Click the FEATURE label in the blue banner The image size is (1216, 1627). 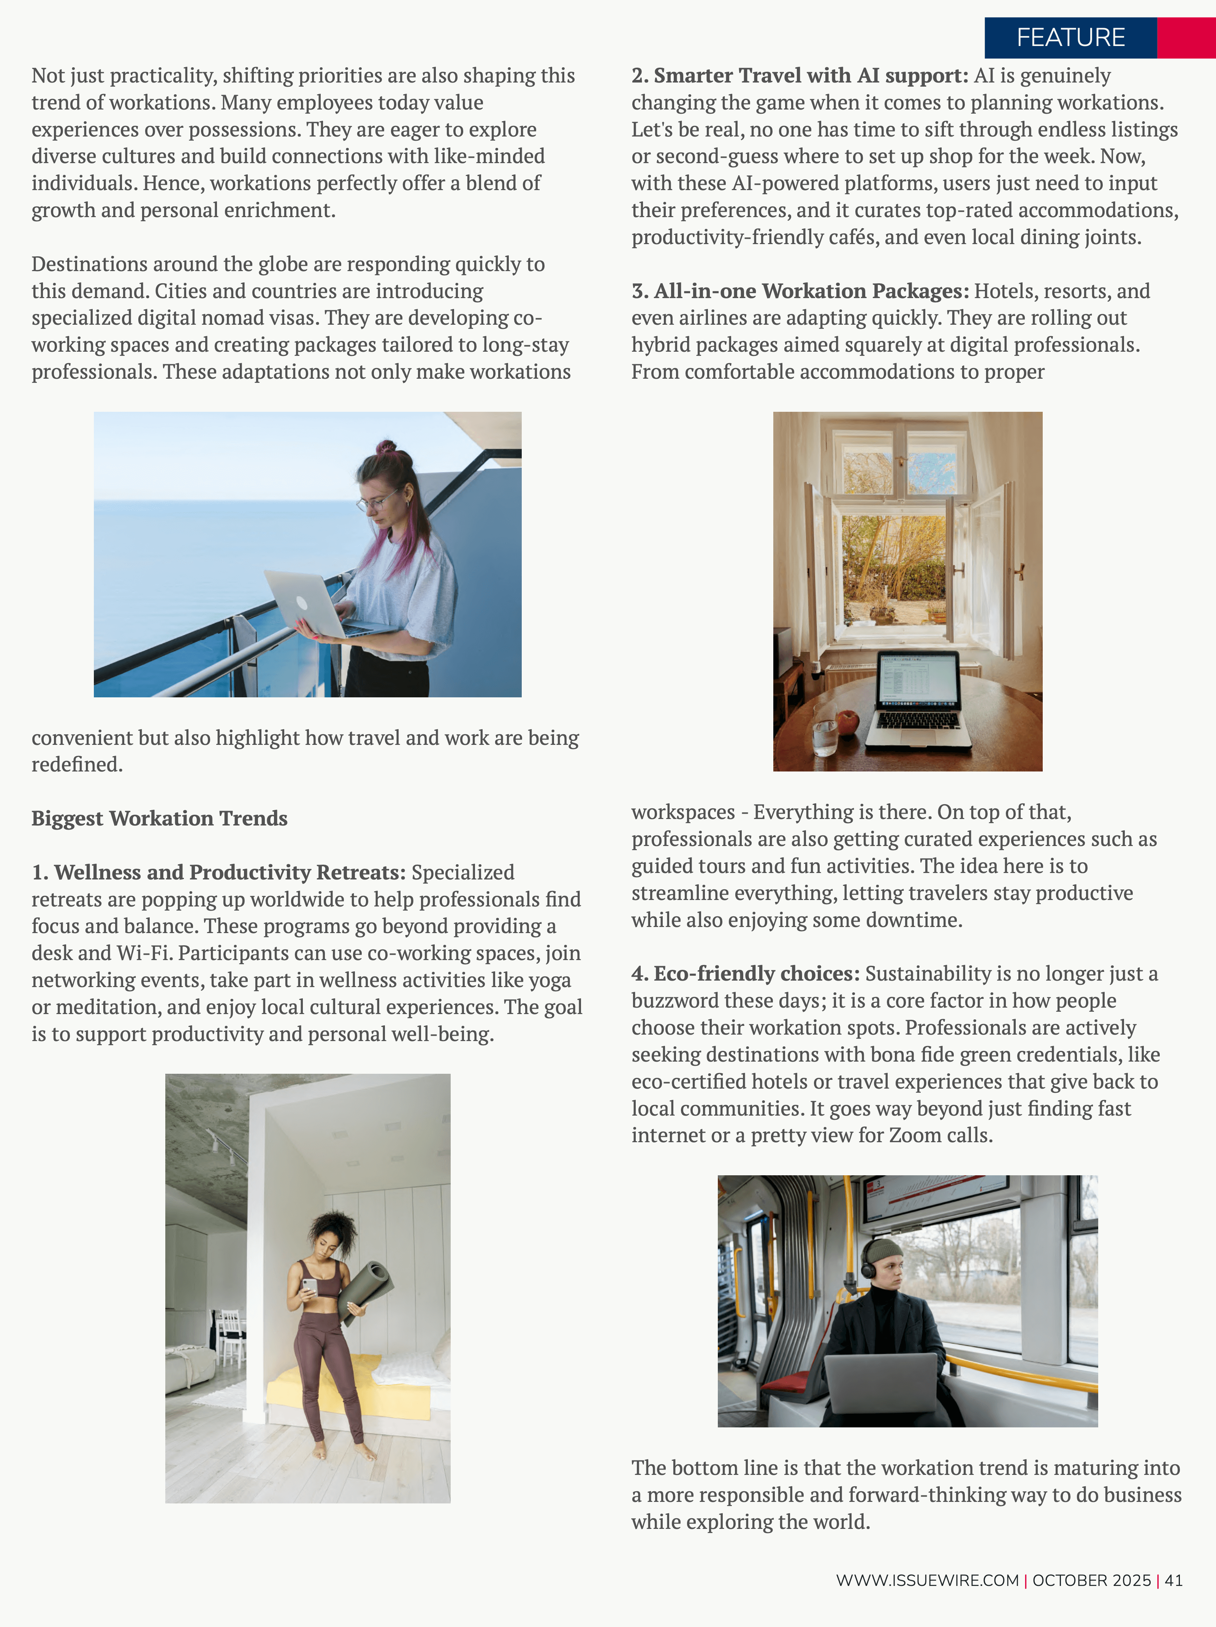tap(1070, 38)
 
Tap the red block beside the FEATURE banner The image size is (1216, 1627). tap(1186, 38)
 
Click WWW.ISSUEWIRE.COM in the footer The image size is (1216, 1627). tap(927, 1581)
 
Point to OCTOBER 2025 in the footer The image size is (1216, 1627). tap(1091, 1581)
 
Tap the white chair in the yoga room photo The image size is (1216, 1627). tap(231, 1337)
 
